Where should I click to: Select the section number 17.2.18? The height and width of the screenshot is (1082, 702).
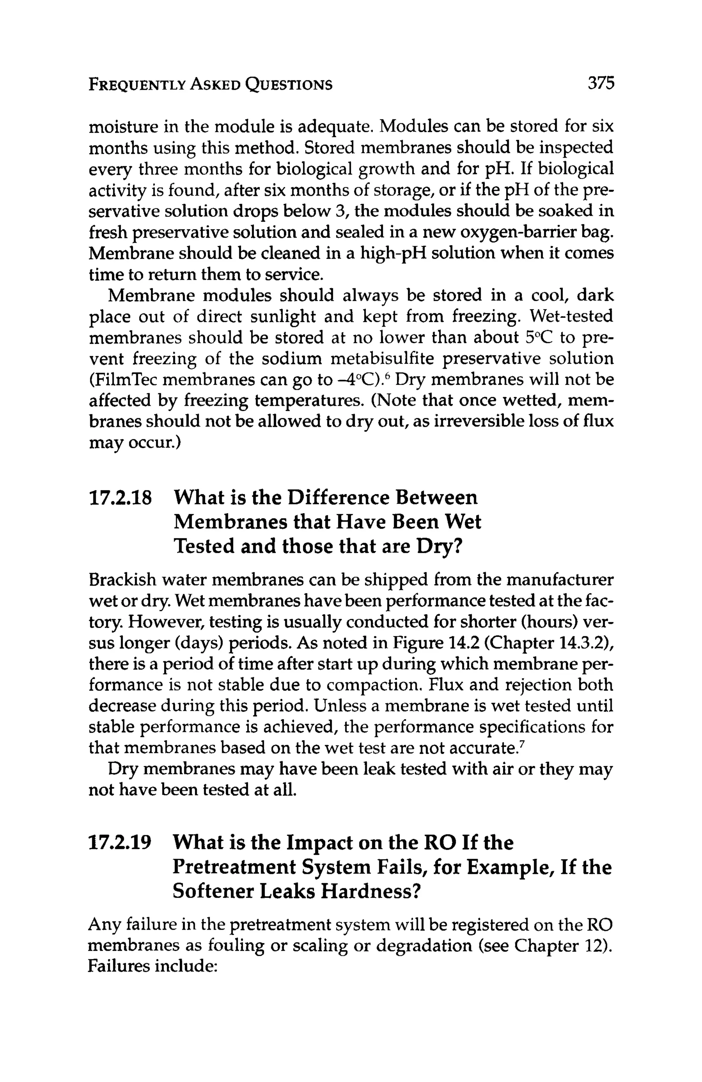[120, 498]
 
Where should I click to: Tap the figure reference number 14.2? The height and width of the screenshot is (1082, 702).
[462, 643]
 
